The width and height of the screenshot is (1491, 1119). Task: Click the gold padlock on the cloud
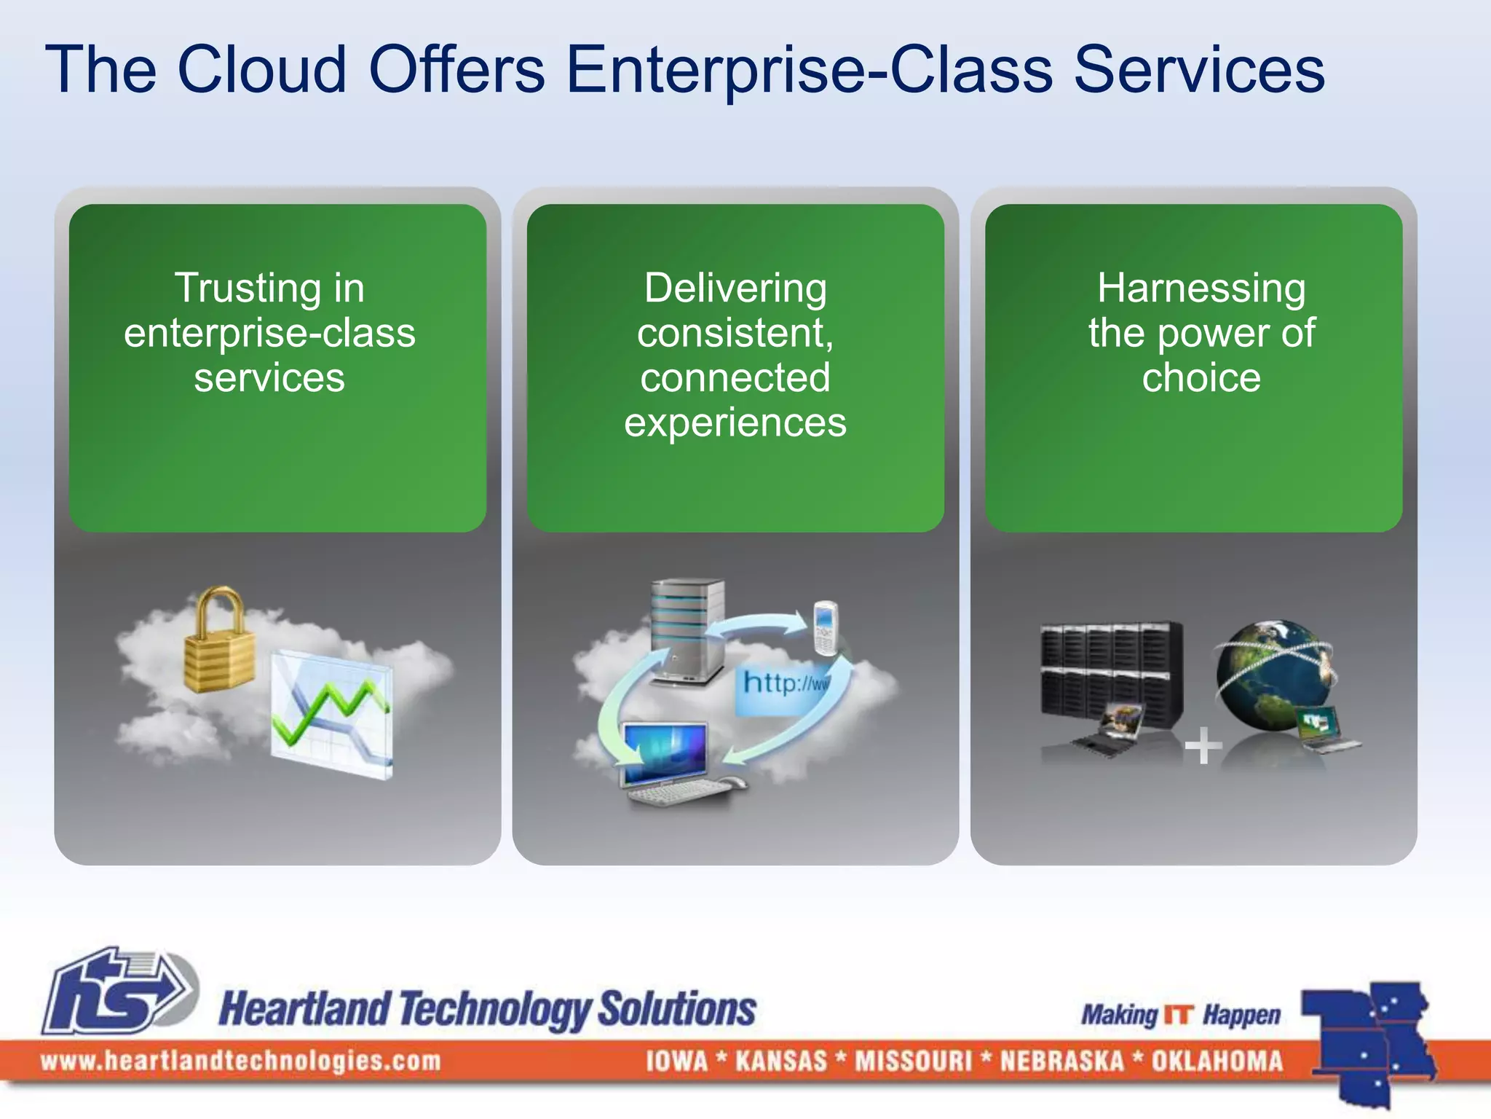click(x=219, y=641)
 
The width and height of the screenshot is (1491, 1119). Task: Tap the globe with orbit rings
click(x=1270, y=674)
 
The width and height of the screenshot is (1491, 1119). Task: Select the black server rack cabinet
click(x=1110, y=674)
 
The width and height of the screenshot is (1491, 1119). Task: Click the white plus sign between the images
click(x=1203, y=745)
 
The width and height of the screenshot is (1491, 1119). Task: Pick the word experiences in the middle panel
click(x=735, y=423)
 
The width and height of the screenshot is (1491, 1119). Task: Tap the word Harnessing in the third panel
click(x=1201, y=288)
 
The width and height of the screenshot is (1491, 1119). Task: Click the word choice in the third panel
click(x=1201, y=377)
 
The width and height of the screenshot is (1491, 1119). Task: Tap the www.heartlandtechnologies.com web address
click(x=240, y=1061)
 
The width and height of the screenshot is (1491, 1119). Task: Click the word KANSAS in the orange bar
click(x=781, y=1061)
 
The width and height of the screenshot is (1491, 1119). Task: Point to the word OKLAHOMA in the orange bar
click(x=1217, y=1061)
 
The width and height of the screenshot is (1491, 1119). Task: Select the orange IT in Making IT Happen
click(x=1179, y=1014)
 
